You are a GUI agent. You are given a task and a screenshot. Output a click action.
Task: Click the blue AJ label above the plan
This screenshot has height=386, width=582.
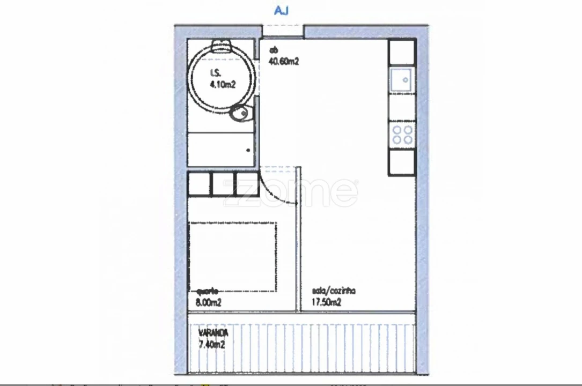click(281, 11)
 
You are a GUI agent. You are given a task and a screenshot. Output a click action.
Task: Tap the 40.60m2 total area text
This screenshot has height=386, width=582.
click(284, 62)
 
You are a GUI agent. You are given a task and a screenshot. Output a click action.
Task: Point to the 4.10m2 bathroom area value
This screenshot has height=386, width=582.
click(223, 84)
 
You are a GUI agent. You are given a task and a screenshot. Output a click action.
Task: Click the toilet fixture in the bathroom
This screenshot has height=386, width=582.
click(240, 113)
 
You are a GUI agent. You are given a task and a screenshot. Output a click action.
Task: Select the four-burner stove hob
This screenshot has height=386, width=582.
click(402, 135)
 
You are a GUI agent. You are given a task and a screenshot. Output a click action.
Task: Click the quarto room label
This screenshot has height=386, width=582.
click(208, 291)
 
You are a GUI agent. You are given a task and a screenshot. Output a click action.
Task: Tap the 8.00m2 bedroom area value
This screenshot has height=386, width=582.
click(209, 303)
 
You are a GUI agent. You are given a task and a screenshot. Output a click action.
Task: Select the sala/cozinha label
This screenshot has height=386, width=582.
click(334, 291)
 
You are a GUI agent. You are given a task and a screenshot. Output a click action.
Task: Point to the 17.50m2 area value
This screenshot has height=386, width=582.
click(327, 303)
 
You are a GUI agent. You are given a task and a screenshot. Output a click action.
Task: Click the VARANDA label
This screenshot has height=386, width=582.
click(213, 333)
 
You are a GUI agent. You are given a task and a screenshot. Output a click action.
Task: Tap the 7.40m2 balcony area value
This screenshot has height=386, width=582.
click(211, 345)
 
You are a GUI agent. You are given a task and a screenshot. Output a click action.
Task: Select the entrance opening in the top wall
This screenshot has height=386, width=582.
click(283, 31)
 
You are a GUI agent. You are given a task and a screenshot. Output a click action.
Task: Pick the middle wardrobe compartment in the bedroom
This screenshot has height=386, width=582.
click(224, 184)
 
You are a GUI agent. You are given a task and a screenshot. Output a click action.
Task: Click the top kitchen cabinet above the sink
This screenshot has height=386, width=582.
click(402, 52)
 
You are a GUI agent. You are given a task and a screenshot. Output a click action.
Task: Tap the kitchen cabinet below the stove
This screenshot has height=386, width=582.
click(402, 162)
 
